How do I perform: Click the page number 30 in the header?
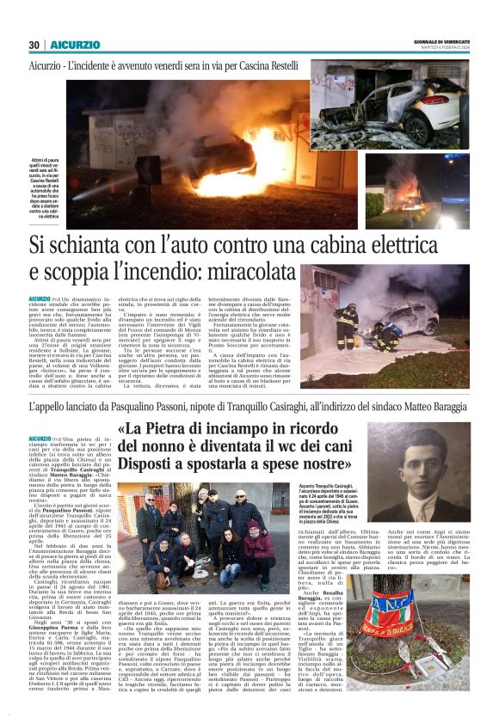click(x=34, y=45)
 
